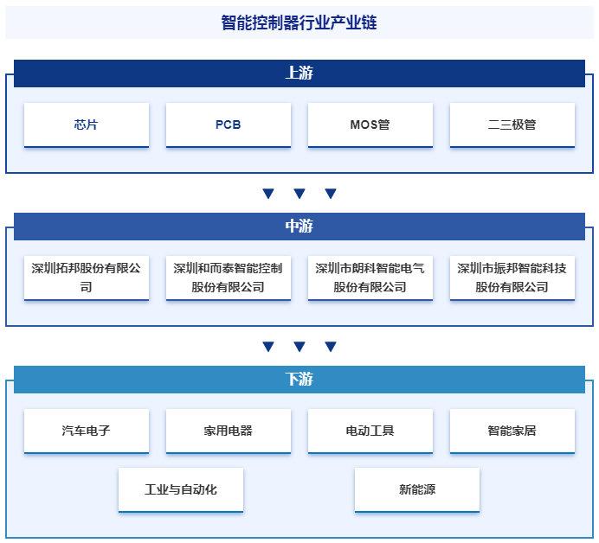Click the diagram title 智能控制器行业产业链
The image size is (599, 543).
[299, 22]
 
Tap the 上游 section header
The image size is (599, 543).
[299, 73]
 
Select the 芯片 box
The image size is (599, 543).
[87, 125]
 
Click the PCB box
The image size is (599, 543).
[228, 125]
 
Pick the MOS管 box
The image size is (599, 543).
[370, 125]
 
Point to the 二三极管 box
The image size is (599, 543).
[512, 125]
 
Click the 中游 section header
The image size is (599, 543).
[299, 227]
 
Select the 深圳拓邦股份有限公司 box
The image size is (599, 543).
[87, 278]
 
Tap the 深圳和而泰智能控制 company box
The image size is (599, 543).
[228, 278]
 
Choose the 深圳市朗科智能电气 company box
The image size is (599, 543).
[370, 278]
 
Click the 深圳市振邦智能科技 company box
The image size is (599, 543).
[512, 278]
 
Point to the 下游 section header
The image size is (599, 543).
[299, 380]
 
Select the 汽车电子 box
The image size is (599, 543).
[87, 431]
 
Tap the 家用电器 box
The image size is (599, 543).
[228, 431]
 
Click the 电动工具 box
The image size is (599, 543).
[370, 431]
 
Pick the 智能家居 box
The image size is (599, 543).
[512, 431]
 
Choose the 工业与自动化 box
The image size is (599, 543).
[181, 489]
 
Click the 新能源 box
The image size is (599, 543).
[416, 489]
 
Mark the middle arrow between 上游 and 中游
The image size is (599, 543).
[299, 194]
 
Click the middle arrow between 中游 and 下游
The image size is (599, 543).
[299, 347]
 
